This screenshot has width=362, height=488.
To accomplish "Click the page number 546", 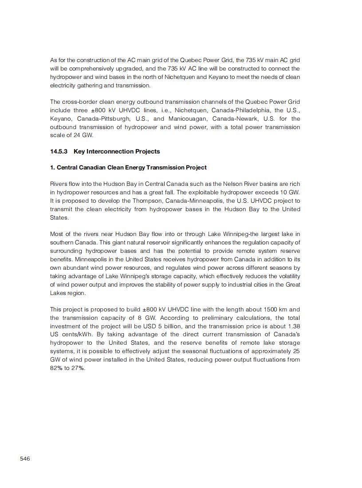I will click(x=25, y=458).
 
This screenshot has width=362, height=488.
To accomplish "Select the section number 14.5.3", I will click(x=59, y=151).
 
